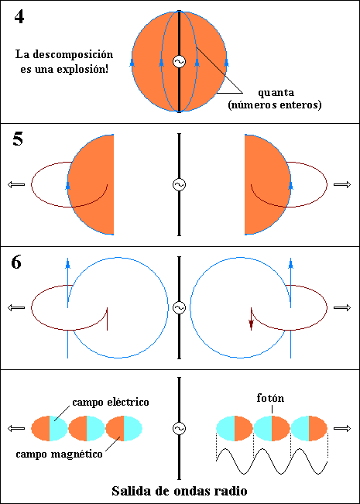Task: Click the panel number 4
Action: pyautogui.click(x=19, y=17)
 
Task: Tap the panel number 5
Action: pyautogui.click(x=18, y=140)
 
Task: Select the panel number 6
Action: pyautogui.click(x=16, y=263)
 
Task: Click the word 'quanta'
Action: pyautogui.click(x=276, y=93)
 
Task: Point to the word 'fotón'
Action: pyautogui.click(x=270, y=398)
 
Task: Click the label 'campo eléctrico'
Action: pyautogui.click(x=111, y=402)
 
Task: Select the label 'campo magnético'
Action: pyautogui.click(x=59, y=454)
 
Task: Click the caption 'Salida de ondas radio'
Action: pyautogui.click(x=180, y=491)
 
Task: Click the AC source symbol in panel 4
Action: pyautogui.click(x=179, y=61)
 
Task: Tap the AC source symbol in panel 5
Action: pyautogui.click(x=179, y=184)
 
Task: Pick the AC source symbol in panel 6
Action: pyautogui.click(x=179, y=307)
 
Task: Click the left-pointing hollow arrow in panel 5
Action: pyautogui.click(x=16, y=184)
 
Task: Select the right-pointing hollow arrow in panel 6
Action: pyautogui.click(x=342, y=307)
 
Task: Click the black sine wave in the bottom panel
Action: pyautogui.click(x=272, y=461)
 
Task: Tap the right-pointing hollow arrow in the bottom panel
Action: pyautogui.click(x=342, y=428)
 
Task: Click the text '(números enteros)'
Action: pyautogui.click(x=275, y=105)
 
